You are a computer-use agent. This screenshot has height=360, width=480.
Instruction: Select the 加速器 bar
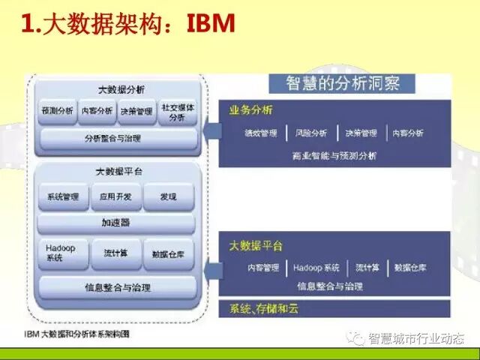pyautogui.click(x=115, y=223)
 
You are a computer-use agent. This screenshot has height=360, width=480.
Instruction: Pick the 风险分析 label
pyautogui.click(x=311, y=133)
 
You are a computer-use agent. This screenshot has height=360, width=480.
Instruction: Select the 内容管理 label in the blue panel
pyautogui.click(x=262, y=268)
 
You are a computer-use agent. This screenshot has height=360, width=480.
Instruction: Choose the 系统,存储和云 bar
pyautogui.click(x=264, y=309)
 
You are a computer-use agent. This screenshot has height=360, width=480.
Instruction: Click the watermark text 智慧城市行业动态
pyautogui.click(x=416, y=338)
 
